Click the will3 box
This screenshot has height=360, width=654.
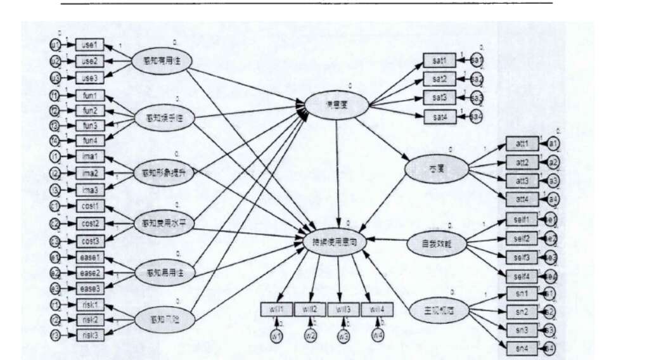[343, 309]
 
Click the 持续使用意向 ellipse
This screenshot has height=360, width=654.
[338, 241]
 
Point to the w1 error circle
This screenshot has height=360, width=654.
[276, 335]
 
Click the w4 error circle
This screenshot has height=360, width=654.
[378, 335]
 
